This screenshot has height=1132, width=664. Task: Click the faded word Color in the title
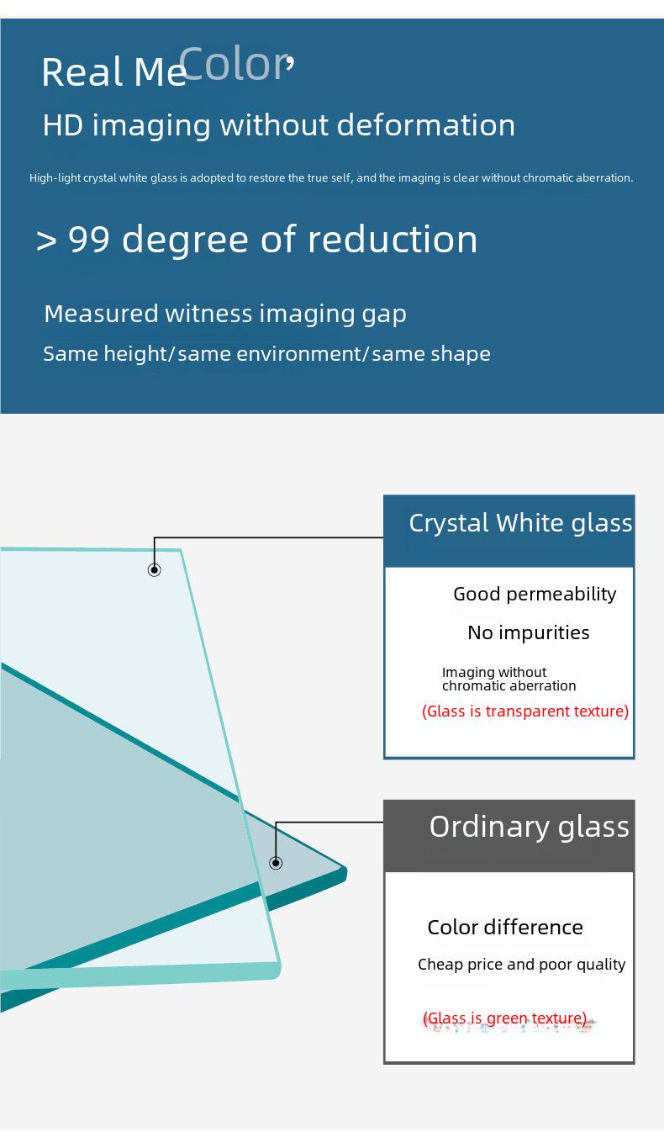click(235, 64)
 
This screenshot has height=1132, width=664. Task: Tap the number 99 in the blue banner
click(89, 239)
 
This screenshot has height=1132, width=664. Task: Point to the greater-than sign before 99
click(46, 241)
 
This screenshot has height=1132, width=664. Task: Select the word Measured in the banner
click(102, 314)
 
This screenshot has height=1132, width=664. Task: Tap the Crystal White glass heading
click(520, 523)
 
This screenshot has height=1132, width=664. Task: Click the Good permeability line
click(535, 595)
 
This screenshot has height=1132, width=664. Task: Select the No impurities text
click(528, 632)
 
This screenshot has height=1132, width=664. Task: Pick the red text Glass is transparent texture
click(525, 711)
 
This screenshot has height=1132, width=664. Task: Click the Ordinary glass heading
click(530, 828)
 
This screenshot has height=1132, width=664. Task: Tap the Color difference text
click(505, 928)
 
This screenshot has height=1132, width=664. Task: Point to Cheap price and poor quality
click(522, 965)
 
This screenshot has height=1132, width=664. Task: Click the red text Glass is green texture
click(505, 1018)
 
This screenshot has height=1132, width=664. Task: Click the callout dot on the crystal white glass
click(155, 570)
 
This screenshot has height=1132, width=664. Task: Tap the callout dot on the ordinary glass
click(276, 863)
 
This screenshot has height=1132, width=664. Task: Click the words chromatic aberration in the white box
click(509, 686)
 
